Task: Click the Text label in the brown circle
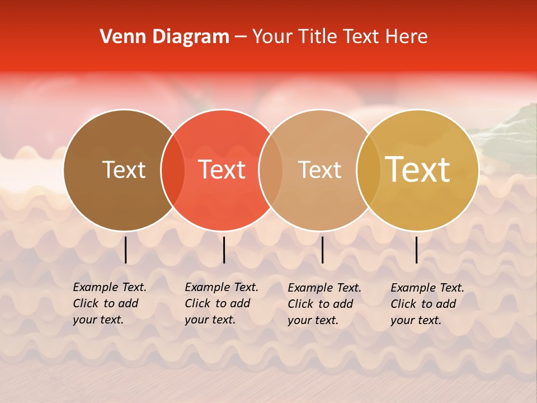point(124,170)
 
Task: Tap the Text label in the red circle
point(222,170)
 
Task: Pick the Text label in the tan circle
point(319,170)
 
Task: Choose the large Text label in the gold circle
point(418,170)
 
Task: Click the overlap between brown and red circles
point(173,170)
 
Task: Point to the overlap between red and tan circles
point(271,170)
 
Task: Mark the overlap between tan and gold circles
point(369,170)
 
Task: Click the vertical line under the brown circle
point(125,250)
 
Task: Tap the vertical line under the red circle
point(224,250)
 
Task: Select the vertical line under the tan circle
point(322,250)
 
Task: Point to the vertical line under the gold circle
point(416,250)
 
